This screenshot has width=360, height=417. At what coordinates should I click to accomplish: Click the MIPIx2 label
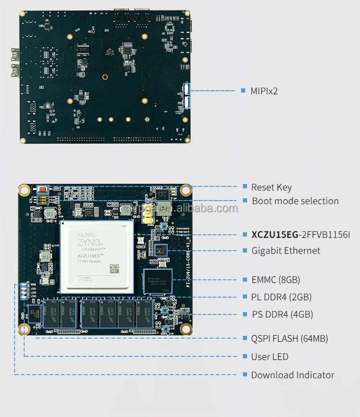coord(264,91)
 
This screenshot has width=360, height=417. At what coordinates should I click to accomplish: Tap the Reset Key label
coord(272,187)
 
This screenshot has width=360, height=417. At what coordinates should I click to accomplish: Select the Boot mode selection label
coord(295,201)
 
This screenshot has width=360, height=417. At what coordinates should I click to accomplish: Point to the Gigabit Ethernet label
coord(286,251)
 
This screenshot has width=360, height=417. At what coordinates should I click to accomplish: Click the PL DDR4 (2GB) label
coord(282,297)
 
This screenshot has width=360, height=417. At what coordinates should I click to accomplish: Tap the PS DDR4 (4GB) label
coord(283,314)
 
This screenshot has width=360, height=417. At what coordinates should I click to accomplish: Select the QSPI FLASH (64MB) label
coord(290,338)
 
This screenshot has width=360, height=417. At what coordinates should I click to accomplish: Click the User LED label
coord(270,357)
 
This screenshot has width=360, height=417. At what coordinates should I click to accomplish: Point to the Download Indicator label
coord(293,375)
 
